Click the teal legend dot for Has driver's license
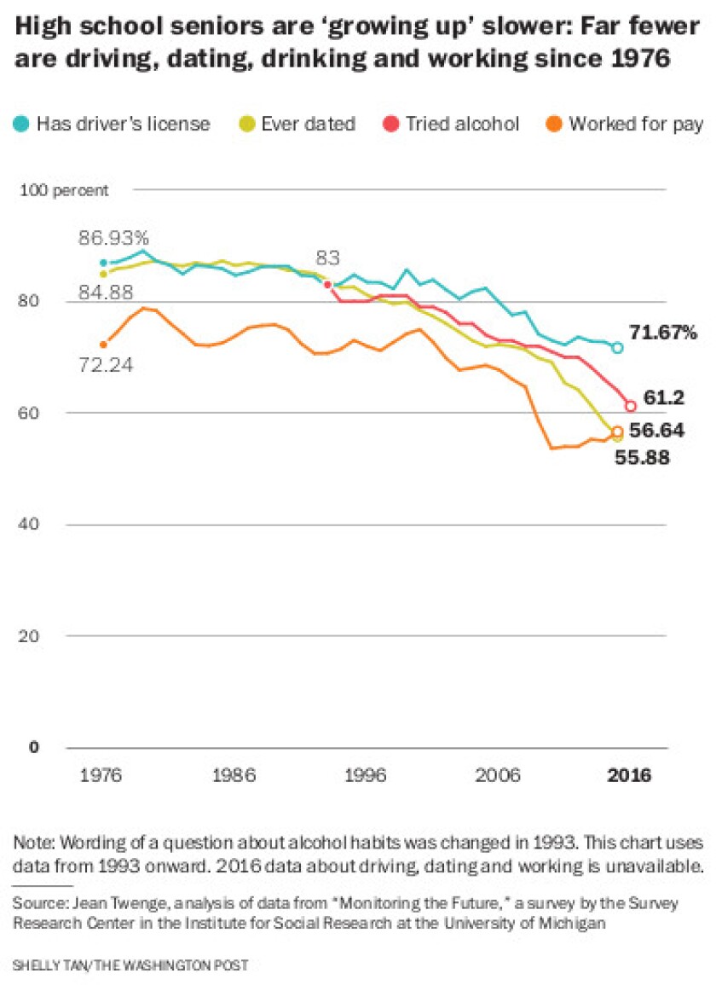(21, 125)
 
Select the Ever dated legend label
(308, 125)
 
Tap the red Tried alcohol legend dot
(391, 125)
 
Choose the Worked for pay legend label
(635, 125)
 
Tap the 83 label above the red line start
(327, 257)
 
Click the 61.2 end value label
(659, 398)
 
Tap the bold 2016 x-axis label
(629, 776)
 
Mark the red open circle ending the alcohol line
(631, 406)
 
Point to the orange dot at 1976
(104, 345)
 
